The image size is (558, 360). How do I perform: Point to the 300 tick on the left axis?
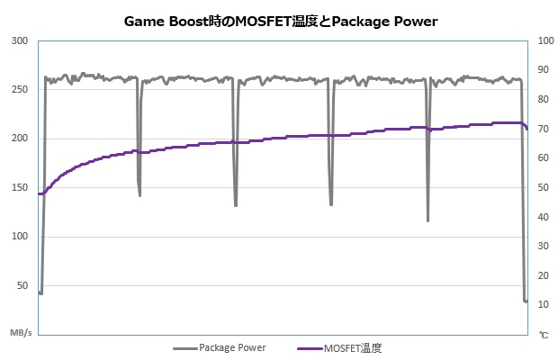21,41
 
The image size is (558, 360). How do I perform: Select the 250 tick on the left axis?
21,90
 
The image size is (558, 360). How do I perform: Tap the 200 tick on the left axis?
21,139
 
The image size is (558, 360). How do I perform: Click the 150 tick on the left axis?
21,187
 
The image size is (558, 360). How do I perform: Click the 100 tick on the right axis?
543,41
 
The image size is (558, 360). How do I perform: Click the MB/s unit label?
22,333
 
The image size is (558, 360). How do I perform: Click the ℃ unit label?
543,334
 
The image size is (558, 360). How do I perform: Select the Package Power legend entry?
232,347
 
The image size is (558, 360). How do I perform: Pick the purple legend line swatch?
308,347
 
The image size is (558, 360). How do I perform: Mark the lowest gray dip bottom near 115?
427,220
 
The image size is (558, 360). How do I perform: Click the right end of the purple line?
526,129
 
